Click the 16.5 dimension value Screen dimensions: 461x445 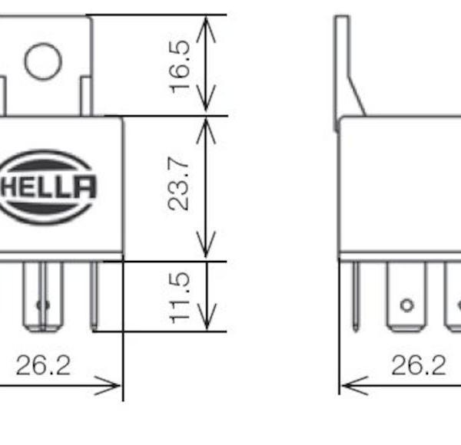pos(180,67)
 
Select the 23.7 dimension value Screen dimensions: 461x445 pos(178,183)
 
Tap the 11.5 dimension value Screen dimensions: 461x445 pos(180,298)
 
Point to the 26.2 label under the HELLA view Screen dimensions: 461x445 pos(44,365)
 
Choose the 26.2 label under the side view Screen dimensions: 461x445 pos(419,365)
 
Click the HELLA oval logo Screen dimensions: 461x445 pos(47,187)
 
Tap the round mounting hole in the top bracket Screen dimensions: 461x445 pos(43,61)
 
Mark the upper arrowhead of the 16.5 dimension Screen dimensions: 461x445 pos(206,29)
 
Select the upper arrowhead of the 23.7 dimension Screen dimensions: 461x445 pos(206,131)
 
